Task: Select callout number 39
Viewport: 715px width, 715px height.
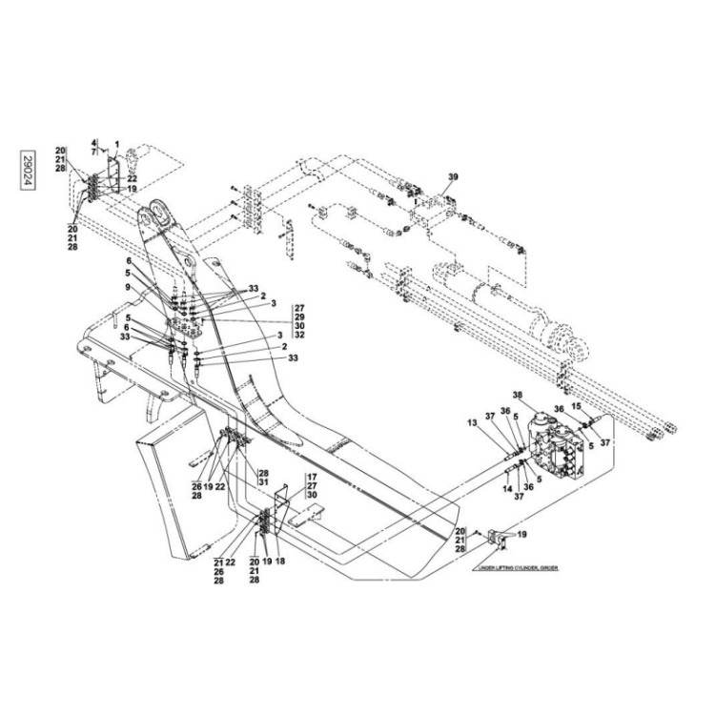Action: coord(454,178)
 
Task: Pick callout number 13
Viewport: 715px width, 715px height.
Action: coord(499,422)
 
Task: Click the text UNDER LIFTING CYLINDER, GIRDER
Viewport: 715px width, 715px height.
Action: coord(514,566)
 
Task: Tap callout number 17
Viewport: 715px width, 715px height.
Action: coord(311,476)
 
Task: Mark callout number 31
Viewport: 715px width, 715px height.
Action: coord(264,483)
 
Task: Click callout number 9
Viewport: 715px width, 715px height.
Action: coord(127,287)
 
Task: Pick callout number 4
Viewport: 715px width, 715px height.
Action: coord(94,142)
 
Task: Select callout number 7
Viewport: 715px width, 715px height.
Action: coord(94,152)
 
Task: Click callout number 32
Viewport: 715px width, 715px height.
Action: coord(299,335)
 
